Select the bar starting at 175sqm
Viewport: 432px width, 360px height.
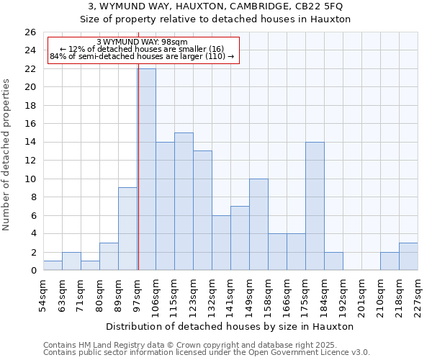click(315, 206)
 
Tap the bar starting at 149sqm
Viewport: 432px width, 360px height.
click(258, 225)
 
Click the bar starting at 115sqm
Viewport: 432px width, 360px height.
click(184, 202)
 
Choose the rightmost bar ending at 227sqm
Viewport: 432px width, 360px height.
click(408, 256)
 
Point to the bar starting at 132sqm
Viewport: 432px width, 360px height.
click(221, 243)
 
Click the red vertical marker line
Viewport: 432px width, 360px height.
click(138, 166)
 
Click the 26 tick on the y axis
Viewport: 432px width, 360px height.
click(30, 32)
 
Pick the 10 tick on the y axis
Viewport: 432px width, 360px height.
click(30, 179)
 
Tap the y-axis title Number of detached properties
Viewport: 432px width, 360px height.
click(7, 155)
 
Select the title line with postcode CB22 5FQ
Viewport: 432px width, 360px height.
click(215, 6)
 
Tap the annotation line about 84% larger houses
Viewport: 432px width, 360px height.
click(142, 56)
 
